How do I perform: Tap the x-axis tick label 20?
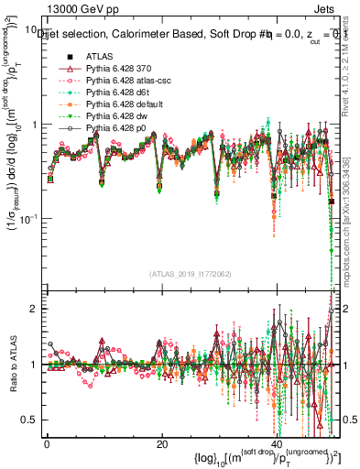point(162,442)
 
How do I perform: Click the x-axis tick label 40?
point(277,442)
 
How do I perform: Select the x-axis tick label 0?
point(47,442)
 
